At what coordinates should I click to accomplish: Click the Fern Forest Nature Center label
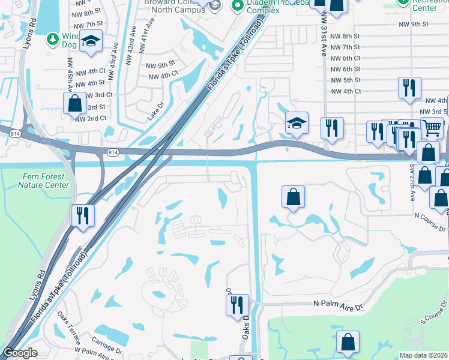tap(43, 181)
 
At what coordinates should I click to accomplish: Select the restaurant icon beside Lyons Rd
tap(82, 215)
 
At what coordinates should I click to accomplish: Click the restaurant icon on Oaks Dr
tap(237, 304)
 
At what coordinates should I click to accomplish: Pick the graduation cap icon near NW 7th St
tap(91, 41)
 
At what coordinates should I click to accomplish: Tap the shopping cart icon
tap(432, 127)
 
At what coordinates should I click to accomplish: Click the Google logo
tap(20, 353)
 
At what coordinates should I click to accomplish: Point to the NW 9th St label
tap(414, 25)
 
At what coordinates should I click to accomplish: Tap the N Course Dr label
tap(430, 213)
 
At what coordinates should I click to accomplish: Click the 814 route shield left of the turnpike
tap(113, 153)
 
